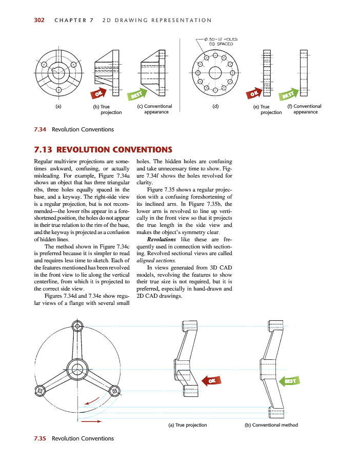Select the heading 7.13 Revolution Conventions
pos(103,150)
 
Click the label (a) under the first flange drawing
pos(58,107)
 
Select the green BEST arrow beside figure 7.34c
pos(137,94)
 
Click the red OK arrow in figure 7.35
pos(211,380)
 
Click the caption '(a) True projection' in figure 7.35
pos(188,425)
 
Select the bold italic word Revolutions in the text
pos(161,240)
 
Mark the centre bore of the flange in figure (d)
pos(215,72)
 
